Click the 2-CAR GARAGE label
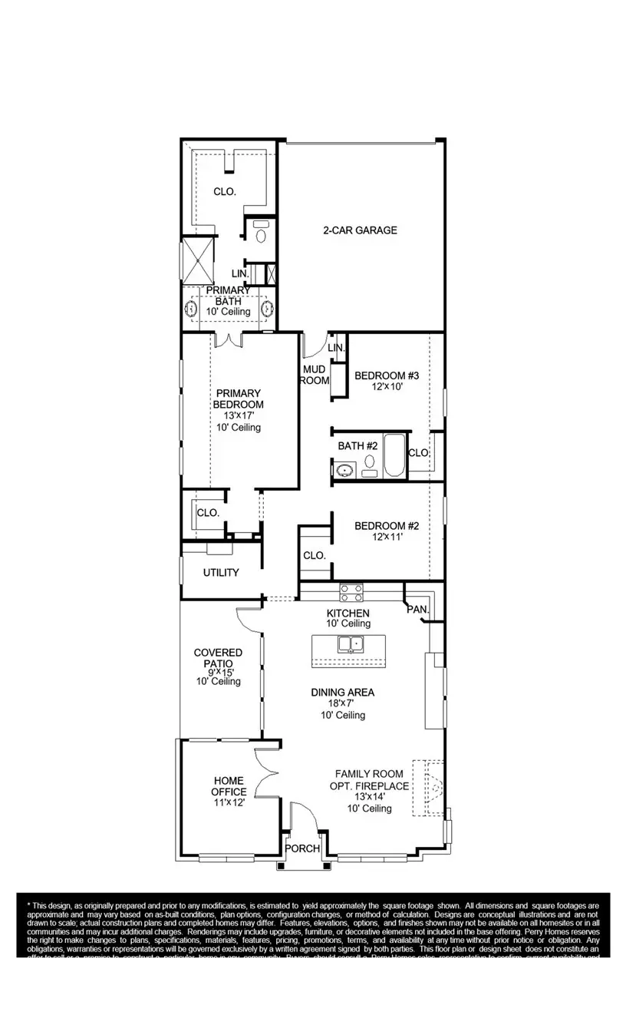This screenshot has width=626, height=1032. coord(360,230)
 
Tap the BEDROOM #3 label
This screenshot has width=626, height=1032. coord(386,375)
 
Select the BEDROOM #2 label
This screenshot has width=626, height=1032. coord(386,526)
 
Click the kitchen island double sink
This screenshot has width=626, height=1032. coord(350,645)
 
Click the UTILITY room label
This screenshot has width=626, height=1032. coord(221,573)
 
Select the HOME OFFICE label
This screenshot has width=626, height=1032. coord(229,786)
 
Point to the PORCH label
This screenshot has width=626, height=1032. coord(303,848)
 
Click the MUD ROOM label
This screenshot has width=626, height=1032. coord(314,375)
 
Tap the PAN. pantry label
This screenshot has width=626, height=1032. coord(417,609)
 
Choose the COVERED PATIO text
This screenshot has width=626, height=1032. coord(218,658)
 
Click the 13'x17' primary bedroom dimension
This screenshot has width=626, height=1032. coord(237,415)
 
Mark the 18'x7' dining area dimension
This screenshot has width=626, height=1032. coord(342,704)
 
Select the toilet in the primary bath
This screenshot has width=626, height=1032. coord(261,233)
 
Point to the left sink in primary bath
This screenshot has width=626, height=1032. coord(191,309)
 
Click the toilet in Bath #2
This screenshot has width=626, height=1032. coord(370,462)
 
